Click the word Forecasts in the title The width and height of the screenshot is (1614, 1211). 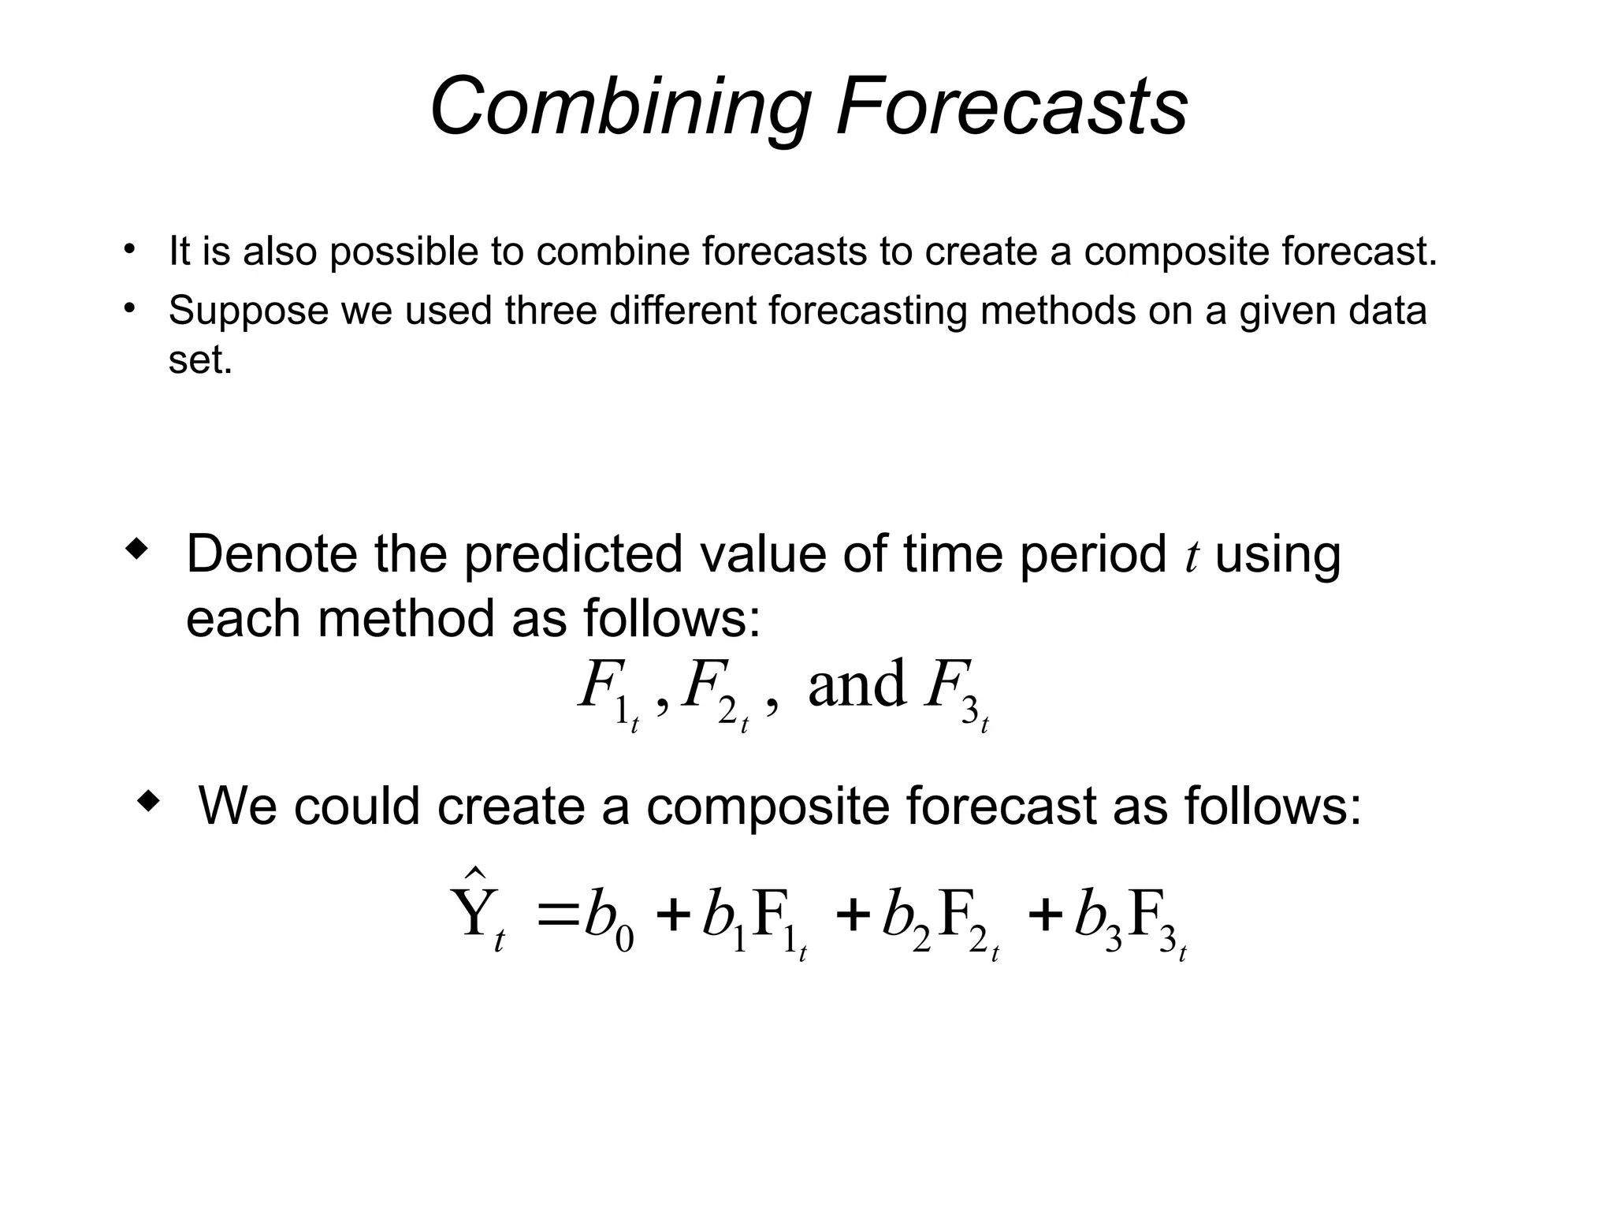[1011, 107]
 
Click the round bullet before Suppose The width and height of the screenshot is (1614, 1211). [129, 308]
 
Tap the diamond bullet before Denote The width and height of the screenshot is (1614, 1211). [136, 550]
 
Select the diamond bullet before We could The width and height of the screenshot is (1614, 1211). [148, 802]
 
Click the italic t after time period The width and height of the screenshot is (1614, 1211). [1191, 555]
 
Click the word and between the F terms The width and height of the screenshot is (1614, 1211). [857, 684]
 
